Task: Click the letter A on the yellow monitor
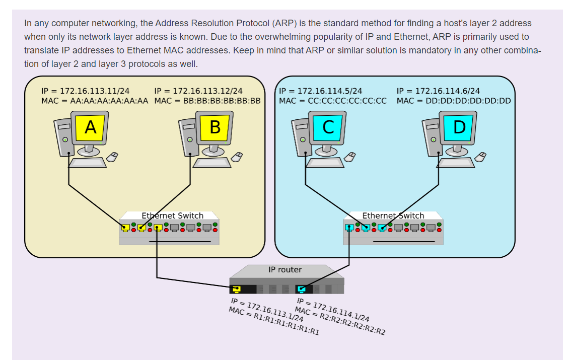(x=91, y=127)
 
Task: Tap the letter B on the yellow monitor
(x=215, y=127)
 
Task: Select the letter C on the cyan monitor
(x=328, y=127)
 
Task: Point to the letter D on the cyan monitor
(x=459, y=127)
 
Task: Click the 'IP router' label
(x=285, y=270)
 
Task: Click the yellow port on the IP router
(x=236, y=289)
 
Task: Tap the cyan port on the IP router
(x=301, y=289)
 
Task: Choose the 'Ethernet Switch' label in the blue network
(x=393, y=215)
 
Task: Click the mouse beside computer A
(x=112, y=157)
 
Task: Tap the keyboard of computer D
(x=456, y=163)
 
